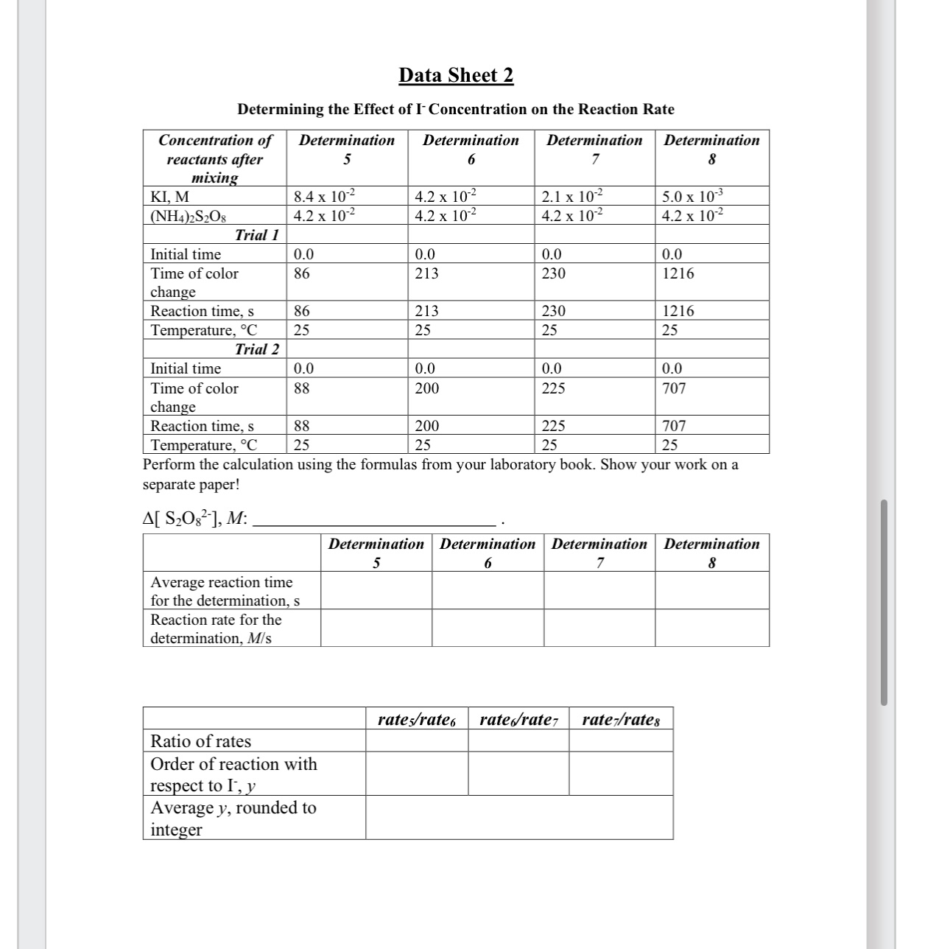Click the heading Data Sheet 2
point(456,75)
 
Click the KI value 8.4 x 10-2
point(324,197)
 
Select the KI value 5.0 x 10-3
point(692,197)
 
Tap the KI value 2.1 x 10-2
point(571,197)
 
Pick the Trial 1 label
point(256,235)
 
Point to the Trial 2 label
point(256,349)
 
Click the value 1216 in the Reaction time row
point(678,311)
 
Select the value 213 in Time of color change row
point(426,273)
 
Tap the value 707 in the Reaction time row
point(674,426)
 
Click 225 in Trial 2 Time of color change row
point(553,388)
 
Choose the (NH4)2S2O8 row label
point(182,217)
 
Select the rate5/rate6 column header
point(416,720)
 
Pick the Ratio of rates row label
point(200,741)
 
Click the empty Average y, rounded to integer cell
point(518,817)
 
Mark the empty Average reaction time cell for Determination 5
point(376,590)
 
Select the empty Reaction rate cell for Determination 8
point(711,628)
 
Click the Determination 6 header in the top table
point(471,149)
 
